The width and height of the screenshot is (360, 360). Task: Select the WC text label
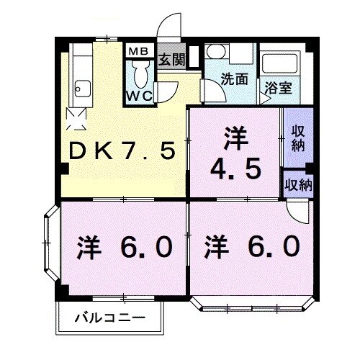[140, 95]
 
